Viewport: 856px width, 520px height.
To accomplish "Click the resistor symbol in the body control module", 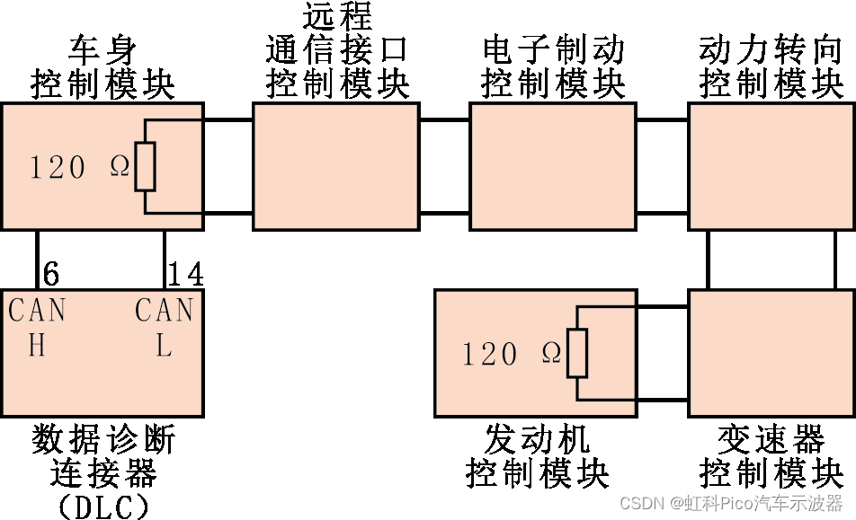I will pyautogui.click(x=145, y=167).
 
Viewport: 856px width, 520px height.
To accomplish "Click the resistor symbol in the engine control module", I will pyautogui.click(x=576, y=353).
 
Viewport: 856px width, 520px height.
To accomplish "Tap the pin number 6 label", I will pyautogui.click(x=52, y=274).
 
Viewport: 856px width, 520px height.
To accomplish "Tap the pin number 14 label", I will pyautogui.click(x=185, y=274).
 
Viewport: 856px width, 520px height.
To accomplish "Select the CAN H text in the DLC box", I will pyautogui.click(x=37, y=328).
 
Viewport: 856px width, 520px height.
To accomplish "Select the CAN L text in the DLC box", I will pyautogui.click(x=164, y=328).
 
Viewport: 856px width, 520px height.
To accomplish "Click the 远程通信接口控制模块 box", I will pyautogui.click(x=335, y=167).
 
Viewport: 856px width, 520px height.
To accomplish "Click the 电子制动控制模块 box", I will pyautogui.click(x=552, y=167).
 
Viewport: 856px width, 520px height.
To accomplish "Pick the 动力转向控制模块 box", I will pyautogui.click(x=771, y=167).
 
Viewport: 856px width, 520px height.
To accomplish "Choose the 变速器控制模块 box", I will pyautogui.click(x=771, y=353).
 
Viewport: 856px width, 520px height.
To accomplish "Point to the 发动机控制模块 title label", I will pyautogui.click(x=537, y=456).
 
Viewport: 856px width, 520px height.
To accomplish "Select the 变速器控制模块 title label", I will pyautogui.click(x=771, y=456).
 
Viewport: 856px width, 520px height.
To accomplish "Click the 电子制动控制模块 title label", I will pyautogui.click(x=552, y=67).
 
